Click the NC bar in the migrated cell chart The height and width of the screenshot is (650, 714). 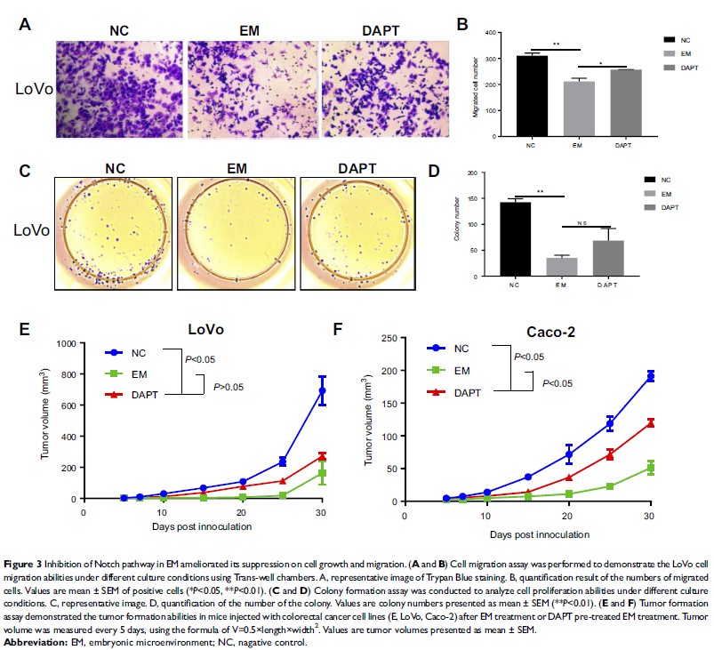point(532,95)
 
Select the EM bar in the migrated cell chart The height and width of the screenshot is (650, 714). point(578,108)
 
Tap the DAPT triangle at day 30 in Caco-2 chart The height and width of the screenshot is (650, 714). point(650,422)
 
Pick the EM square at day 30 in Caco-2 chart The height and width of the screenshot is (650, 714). point(650,468)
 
